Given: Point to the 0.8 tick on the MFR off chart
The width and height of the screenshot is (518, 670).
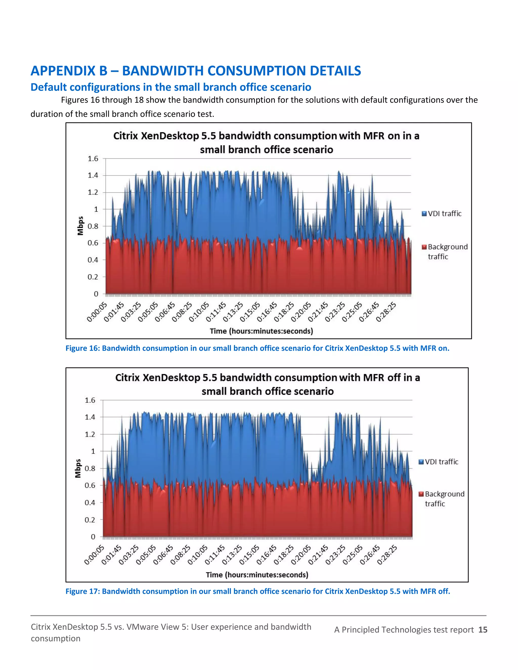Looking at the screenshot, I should click(90, 468).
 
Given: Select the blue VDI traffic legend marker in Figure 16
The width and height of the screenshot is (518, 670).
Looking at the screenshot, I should click(424, 214).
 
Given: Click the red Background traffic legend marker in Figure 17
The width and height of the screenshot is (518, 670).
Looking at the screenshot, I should click(421, 494).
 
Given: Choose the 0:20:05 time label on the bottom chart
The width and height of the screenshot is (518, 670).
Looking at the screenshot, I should click(301, 555).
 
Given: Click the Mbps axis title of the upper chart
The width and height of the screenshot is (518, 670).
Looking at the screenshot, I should click(80, 226).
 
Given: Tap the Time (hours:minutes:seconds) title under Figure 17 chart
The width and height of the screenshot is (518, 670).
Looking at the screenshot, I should click(257, 575).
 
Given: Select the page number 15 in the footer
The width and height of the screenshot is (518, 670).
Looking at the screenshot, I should click(483, 630).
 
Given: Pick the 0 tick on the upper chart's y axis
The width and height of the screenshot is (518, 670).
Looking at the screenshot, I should click(96, 294).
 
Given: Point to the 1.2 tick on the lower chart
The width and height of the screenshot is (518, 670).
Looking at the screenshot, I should click(90, 434).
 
